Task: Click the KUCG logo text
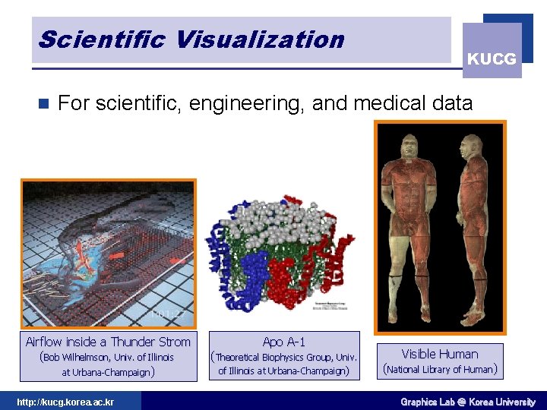[x=492, y=58]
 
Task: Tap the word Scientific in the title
[x=100, y=39]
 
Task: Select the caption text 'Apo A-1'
[x=283, y=342]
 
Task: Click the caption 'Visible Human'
[x=440, y=354]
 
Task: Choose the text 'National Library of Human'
[x=440, y=370]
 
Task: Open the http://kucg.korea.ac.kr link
[x=65, y=402]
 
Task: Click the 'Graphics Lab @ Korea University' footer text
[x=468, y=402]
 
